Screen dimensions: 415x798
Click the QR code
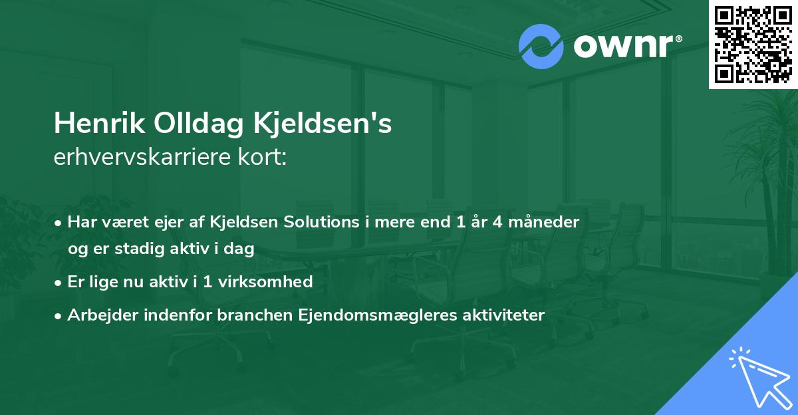click(753, 45)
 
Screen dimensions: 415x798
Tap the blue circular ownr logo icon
click(541, 47)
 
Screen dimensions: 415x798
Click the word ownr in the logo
click(622, 47)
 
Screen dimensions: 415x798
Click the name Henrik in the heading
click(97, 124)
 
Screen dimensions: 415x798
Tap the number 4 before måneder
click(496, 221)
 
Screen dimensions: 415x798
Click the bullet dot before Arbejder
click(59, 316)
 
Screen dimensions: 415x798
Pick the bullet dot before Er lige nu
click(59, 283)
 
